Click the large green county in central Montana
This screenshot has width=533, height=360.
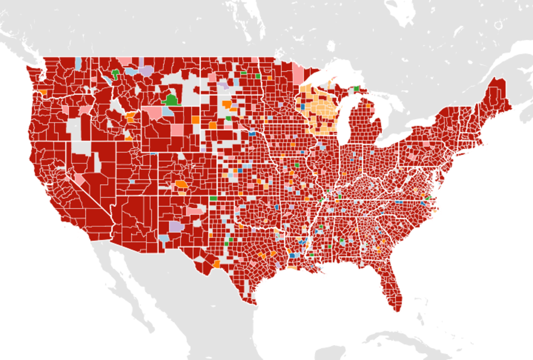click(171, 100)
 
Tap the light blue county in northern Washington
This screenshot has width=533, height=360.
click(79, 63)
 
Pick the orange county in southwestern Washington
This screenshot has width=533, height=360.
click(43, 92)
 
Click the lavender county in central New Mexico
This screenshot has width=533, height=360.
click(176, 227)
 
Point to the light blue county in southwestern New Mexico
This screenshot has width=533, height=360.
click(164, 239)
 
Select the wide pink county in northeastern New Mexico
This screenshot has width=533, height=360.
click(194, 211)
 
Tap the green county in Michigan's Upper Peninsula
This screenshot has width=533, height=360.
click(357, 88)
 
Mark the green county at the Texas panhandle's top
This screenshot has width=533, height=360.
click(213, 198)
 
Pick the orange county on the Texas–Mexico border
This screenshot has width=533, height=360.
click(216, 263)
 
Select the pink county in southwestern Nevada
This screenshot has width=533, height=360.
click(79, 179)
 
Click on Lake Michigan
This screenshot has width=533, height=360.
click(344, 123)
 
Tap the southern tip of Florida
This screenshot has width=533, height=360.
click(397, 308)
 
